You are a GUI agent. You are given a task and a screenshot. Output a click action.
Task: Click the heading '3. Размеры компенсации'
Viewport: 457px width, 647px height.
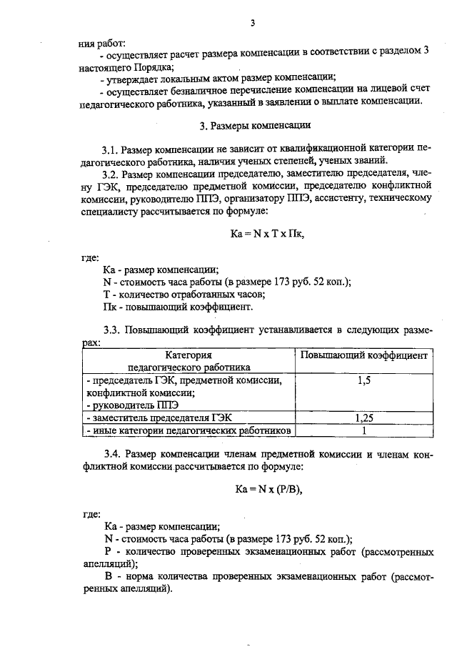254,126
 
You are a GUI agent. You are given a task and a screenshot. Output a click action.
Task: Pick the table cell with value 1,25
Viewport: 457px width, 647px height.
363,418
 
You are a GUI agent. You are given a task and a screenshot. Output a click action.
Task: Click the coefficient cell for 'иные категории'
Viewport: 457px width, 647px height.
363,431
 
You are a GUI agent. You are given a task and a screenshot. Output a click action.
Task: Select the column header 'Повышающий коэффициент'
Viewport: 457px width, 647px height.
363,355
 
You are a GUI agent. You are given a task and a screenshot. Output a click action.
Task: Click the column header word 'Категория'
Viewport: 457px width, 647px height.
190,355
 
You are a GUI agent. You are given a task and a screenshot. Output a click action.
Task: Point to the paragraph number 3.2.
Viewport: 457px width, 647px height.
111,174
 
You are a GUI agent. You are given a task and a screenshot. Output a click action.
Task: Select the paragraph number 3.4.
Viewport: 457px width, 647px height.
111,455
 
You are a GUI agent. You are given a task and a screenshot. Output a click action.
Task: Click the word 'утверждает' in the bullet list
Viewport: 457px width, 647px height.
134,77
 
